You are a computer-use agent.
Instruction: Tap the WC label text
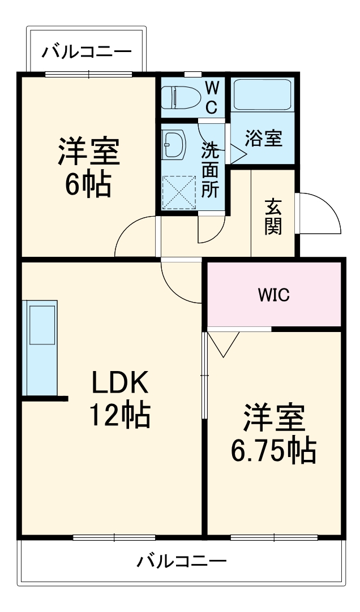211,97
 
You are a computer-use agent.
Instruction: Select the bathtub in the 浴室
262,94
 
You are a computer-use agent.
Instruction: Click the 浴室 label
263,138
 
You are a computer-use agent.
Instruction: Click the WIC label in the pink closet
274,295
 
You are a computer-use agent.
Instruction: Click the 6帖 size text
87,184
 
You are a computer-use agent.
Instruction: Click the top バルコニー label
87,53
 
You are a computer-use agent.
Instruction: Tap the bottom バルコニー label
181,562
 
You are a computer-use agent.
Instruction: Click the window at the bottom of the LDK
114,537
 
